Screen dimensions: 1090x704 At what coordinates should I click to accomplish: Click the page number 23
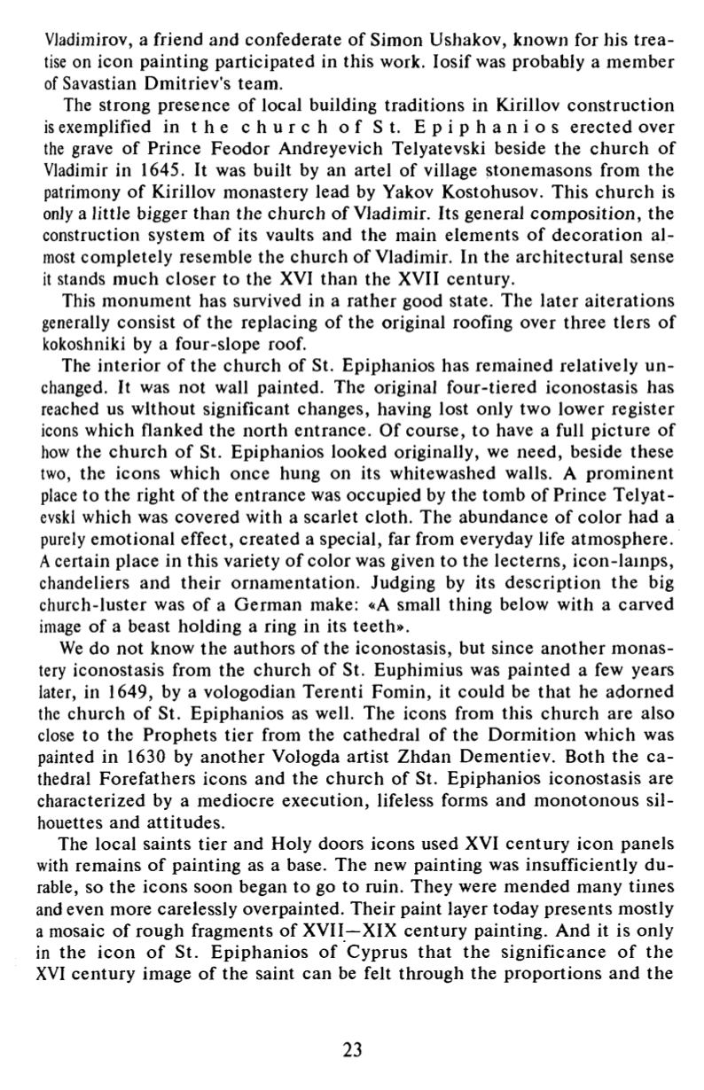click(x=352, y=1050)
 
